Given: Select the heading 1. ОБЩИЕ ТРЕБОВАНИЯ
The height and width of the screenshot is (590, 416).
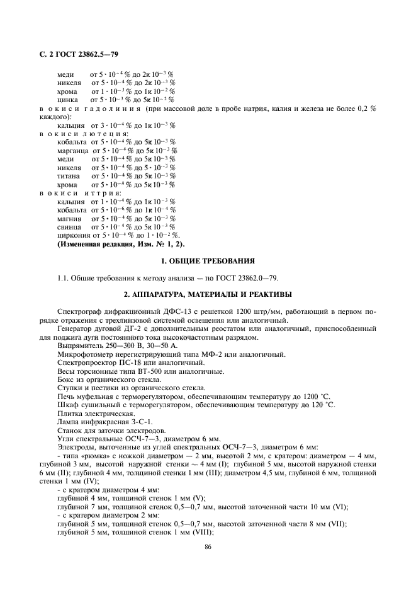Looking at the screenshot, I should [207, 260].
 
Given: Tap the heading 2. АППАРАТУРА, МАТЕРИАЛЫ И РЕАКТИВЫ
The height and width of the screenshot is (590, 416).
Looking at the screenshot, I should [207, 294].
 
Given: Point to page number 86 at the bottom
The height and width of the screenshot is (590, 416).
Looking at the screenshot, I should [208, 547].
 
